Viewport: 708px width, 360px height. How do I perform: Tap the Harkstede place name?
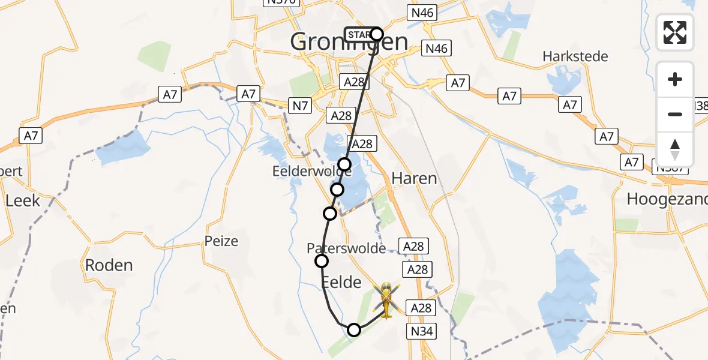click(x=575, y=56)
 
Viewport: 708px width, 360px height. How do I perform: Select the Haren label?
click(x=414, y=178)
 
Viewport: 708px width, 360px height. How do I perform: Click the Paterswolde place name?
click(x=346, y=248)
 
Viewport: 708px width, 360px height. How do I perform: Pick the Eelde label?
click(x=342, y=282)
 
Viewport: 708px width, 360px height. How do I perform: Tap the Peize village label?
click(x=221, y=241)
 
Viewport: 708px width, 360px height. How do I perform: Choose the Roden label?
click(x=109, y=265)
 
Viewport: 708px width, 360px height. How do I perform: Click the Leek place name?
click(x=22, y=200)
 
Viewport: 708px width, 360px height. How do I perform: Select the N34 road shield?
click(x=424, y=331)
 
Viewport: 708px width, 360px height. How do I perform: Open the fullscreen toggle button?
click(x=675, y=32)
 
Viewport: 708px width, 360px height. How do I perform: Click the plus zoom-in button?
click(x=675, y=79)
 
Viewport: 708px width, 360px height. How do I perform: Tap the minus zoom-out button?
click(x=675, y=114)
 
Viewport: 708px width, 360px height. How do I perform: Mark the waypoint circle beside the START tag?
click(x=376, y=34)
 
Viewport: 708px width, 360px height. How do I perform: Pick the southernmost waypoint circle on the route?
click(x=354, y=329)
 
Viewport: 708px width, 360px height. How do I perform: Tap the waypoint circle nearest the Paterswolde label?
click(x=322, y=260)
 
